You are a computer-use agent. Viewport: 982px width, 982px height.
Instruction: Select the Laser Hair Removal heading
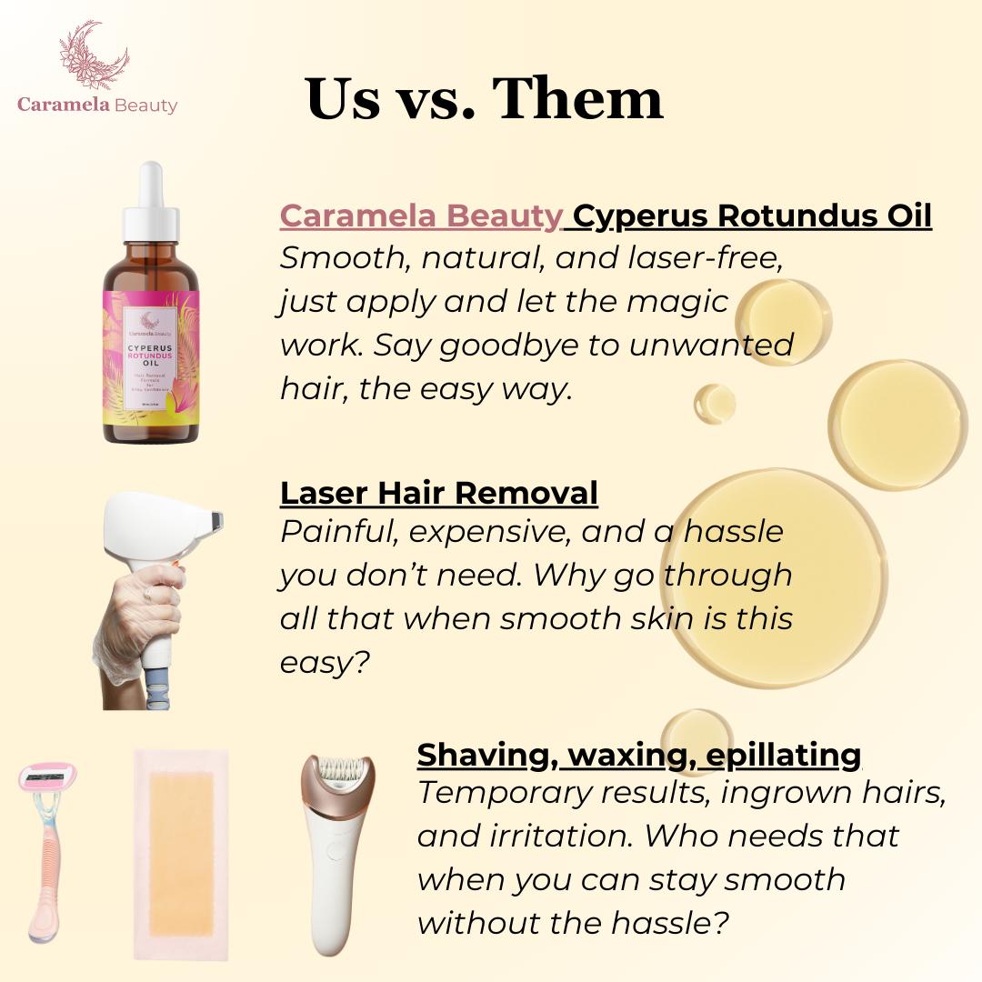(438, 492)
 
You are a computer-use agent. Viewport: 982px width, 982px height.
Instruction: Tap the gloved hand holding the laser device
(136, 627)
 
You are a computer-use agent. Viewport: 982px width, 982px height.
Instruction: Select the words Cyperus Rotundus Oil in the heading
(753, 215)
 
